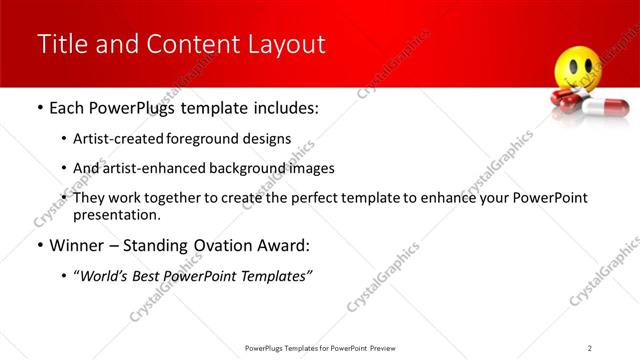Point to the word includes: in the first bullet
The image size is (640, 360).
coord(283,107)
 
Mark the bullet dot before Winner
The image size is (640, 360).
coord(39,246)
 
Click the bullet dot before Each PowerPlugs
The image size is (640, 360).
coord(39,108)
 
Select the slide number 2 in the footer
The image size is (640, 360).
coord(589,347)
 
